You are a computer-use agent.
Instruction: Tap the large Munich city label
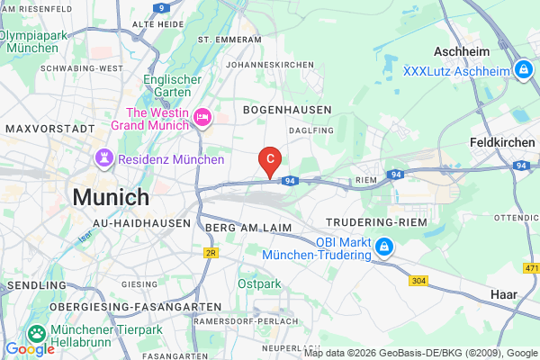[x=111, y=197]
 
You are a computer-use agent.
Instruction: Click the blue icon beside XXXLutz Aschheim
[x=523, y=69]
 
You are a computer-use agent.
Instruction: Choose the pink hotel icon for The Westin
[x=202, y=116]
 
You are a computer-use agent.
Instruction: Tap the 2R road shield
[x=211, y=254]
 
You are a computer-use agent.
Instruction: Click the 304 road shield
[x=418, y=280]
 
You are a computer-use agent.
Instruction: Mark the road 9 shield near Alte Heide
[x=161, y=7]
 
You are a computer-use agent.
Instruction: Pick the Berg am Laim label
[x=239, y=229]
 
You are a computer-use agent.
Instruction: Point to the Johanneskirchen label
[x=271, y=65]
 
